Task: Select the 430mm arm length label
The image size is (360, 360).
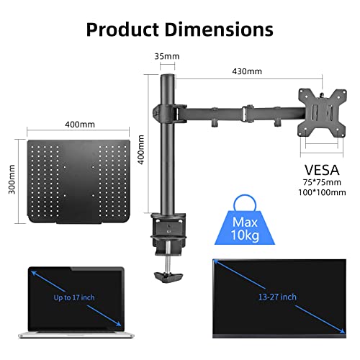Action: (247, 71)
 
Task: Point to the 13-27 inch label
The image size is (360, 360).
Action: (277, 295)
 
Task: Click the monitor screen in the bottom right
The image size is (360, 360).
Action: (277, 295)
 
